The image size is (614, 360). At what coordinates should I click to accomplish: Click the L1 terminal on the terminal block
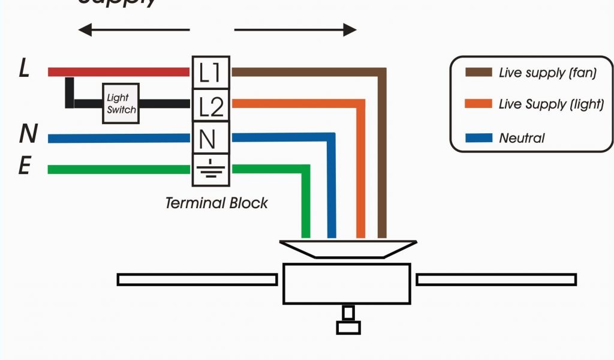[210, 73]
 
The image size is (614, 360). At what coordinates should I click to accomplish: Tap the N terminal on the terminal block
[209, 139]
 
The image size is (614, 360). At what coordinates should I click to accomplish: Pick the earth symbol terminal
[210, 169]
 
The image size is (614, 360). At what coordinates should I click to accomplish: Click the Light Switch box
[121, 103]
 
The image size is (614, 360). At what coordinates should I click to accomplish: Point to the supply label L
[24, 69]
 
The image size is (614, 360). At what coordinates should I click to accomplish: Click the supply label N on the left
[27, 134]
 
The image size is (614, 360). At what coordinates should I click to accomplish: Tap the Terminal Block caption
[216, 203]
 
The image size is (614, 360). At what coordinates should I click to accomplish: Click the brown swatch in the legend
[478, 73]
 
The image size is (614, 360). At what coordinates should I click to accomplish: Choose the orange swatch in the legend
[478, 104]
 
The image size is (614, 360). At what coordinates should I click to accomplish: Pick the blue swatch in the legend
[478, 138]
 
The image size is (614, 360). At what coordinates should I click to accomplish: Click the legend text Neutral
[522, 138]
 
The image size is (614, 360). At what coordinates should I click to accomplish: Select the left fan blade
[197, 280]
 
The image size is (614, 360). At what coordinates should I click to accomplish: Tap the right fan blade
[496, 280]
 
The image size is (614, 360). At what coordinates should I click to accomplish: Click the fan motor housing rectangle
[347, 283]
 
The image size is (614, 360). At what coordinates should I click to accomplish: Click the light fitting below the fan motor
[348, 321]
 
